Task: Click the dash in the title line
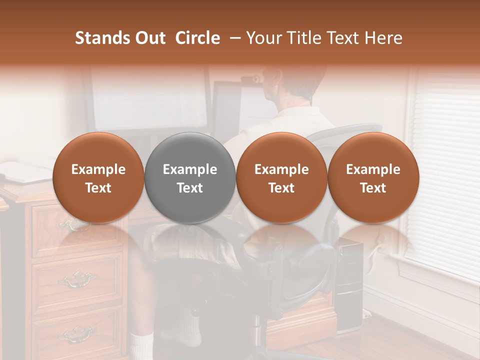coord(233,38)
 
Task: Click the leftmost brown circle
coord(98,177)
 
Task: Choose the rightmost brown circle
coord(373,177)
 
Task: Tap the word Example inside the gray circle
coord(190,169)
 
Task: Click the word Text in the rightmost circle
coord(373,188)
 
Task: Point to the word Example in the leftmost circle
coord(98,169)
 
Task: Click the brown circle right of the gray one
coord(281,177)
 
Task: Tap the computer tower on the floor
coord(349,285)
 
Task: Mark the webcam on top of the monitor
coord(250,79)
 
